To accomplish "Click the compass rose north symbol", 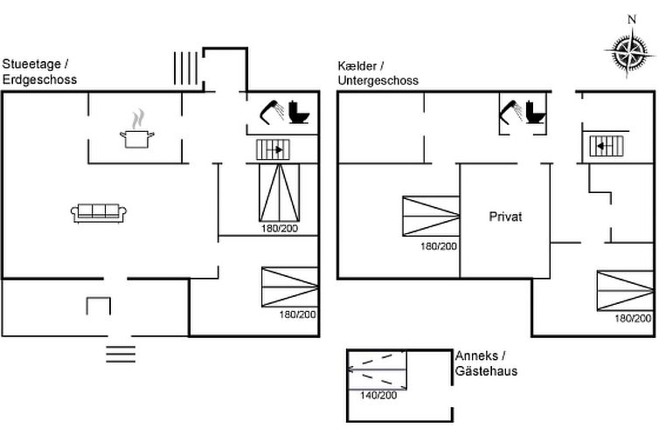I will (x=629, y=48).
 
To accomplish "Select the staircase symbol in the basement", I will (x=606, y=146).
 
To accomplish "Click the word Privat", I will (x=505, y=217).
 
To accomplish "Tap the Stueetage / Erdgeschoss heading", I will (x=40, y=71).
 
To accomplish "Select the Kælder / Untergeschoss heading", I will (x=378, y=73).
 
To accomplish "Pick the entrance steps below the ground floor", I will (x=121, y=353).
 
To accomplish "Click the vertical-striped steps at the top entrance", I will (x=185, y=68).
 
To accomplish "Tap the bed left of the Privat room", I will (x=431, y=217).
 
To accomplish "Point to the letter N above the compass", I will (x=632, y=18).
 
